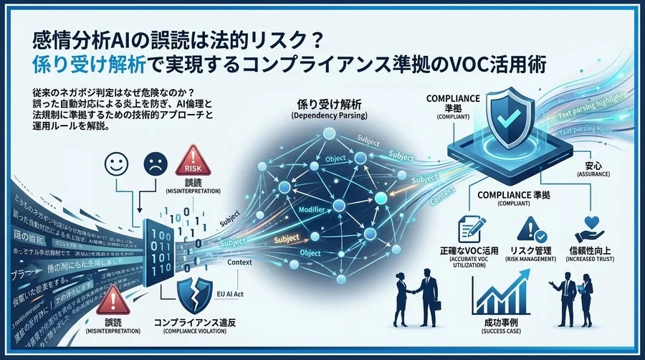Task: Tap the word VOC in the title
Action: point(467,63)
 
